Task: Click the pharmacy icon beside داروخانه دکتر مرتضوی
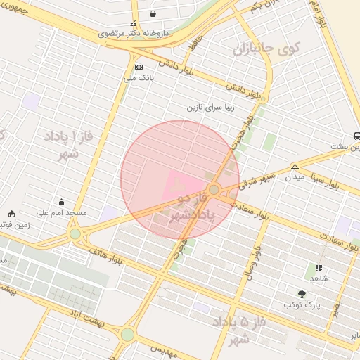[134, 23]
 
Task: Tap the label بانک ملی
[139, 77]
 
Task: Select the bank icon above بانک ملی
[139, 67]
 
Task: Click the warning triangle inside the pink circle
[174, 185]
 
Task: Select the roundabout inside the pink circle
[214, 189]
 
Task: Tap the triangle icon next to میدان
[295, 167]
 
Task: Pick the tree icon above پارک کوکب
[302, 294]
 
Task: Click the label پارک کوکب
[302, 304]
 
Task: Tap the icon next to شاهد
[318, 268]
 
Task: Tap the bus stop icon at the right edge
[358, 136]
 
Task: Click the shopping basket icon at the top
[153, 13]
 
